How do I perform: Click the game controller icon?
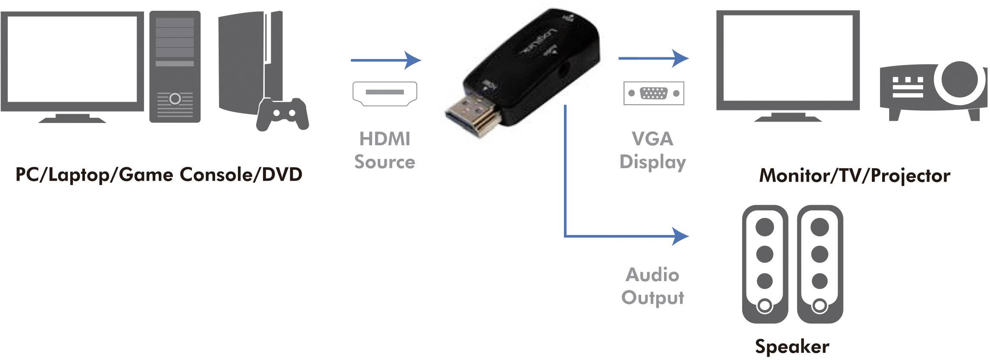click(282, 114)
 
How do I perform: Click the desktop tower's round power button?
click(175, 99)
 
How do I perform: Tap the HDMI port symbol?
click(385, 94)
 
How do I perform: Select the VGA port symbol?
click(654, 93)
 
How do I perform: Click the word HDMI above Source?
click(385, 139)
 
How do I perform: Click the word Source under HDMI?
click(385, 162)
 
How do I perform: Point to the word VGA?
click(652, 139)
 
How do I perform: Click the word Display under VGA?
click(652, 163)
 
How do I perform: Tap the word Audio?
click(652, 275)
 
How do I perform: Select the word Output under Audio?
click(652, 298)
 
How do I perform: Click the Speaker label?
click(792, 347)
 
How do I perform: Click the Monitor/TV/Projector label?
click(855, 175)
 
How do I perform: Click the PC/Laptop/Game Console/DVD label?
click(159, 175)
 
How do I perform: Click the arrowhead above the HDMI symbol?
click(413, 60)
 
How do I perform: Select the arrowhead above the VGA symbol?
click(681, 58)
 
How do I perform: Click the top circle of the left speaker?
click(765, 227)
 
